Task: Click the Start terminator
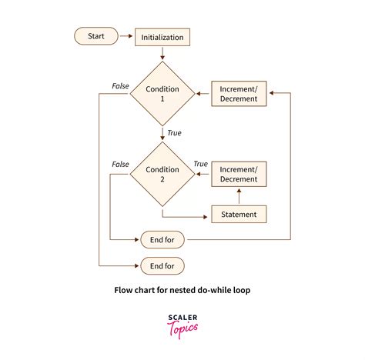coord(96,35)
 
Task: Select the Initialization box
coord(162,36)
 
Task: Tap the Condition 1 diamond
coord(162,94)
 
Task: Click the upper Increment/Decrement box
coord(239,94)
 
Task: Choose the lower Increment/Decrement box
coord(239,174)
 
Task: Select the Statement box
coord(239,213)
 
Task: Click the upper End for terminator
coord(162,240)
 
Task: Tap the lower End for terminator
coord(162,265)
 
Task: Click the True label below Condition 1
coord(174,133)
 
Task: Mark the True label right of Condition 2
coord(200,164)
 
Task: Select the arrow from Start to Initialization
coord(127,36)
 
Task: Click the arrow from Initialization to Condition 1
coord(162,53)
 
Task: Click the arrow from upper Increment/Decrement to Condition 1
coord(202,94)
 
